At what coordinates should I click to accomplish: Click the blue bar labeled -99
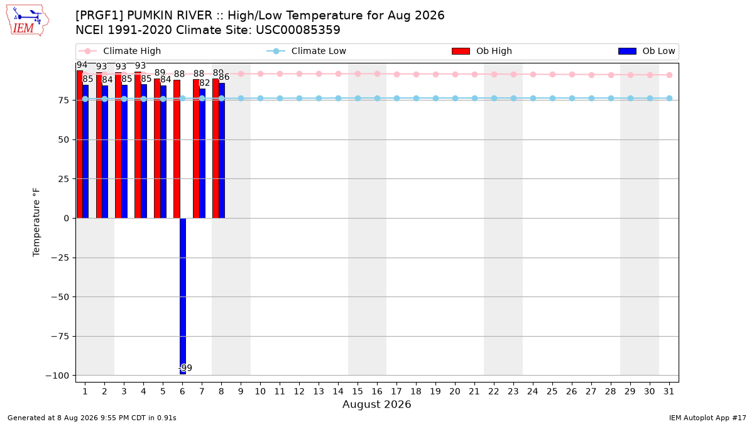[183, 296]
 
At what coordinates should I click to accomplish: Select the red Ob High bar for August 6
[177, 149]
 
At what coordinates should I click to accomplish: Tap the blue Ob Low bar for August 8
[222, 151]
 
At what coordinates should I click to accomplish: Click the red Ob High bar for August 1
[80, 144]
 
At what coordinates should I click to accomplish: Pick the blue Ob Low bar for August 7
[202, 154]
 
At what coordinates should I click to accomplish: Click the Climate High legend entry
[120, 51]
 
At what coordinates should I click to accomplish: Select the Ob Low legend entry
[647, 51]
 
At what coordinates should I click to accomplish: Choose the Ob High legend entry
[482, 51]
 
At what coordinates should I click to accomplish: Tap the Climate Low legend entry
[307, 51]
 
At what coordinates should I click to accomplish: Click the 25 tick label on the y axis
[63, 179]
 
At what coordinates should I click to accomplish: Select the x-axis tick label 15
[358, 392]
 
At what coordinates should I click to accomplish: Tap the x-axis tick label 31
[669, 392]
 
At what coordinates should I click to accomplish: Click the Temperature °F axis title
[36, 222]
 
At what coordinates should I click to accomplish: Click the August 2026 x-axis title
[376, 404]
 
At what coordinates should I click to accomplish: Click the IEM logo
[27, 21]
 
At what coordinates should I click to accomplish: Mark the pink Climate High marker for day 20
[455, 74]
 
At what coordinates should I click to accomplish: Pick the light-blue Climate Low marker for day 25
[552, 98]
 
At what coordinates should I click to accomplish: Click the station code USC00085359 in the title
[298, 30]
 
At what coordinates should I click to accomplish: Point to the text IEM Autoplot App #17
[708, 418]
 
